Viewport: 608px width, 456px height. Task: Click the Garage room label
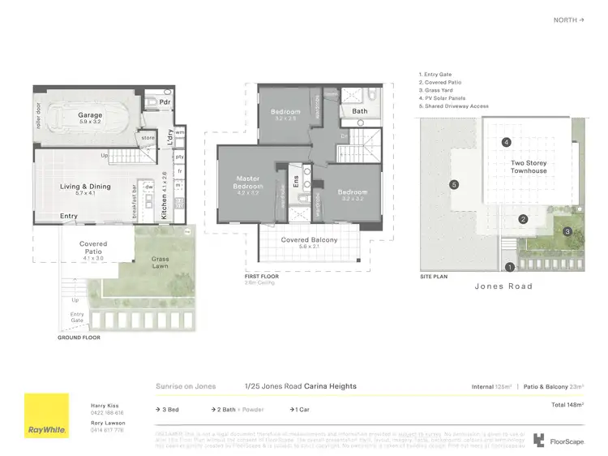[90, 116]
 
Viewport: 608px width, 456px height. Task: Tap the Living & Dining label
[85, 187]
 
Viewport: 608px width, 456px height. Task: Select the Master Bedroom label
[248, 182]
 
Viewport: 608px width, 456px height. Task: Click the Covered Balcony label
[309, 240]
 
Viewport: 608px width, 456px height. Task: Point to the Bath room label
[359, 111]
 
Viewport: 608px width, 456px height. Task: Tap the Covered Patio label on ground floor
[93, 248]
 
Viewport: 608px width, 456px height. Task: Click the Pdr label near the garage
[165, 103]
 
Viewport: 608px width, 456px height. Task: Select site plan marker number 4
[506, 143]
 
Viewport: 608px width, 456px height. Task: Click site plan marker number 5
[454, 185]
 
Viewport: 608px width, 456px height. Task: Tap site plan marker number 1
[510, 266]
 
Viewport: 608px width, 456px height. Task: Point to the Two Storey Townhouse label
[529, 167]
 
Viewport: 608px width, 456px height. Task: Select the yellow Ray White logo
[47, 415]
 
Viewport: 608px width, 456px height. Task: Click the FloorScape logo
[554, 440]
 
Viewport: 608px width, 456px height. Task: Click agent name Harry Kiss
[105, 404]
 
